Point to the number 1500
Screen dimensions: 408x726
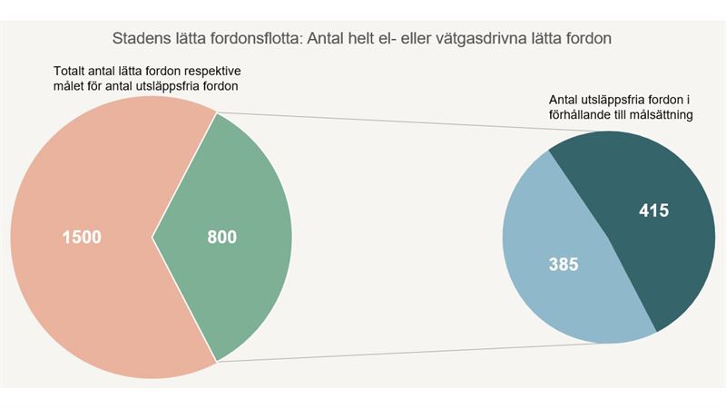tap(81, 238)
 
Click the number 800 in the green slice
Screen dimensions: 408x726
tap(221, 238)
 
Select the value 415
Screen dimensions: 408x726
tap(652, 211)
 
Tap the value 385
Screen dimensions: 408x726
tap(564, 265)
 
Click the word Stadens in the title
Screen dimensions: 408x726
tap(141, 39)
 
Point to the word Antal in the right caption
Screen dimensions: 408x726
tap(566, 100)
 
